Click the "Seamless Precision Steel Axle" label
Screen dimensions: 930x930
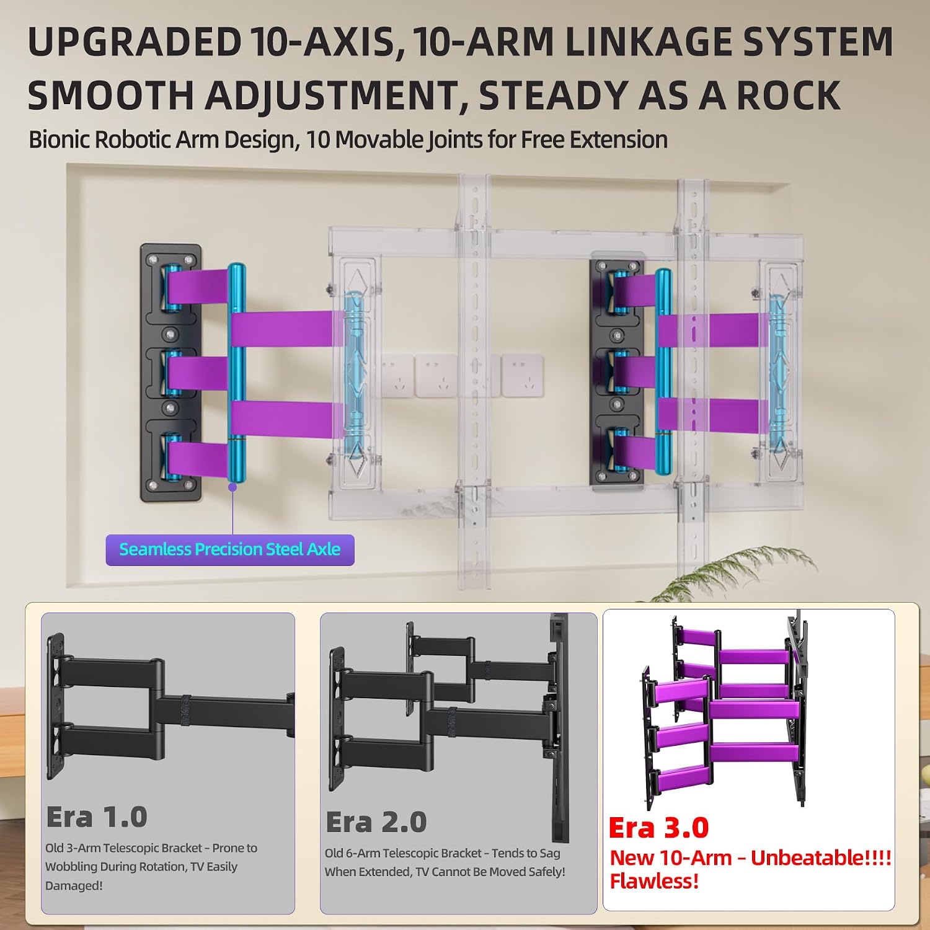(x=230, y=549)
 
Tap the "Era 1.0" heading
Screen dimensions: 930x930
(x=97, y=817)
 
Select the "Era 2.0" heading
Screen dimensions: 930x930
(x=376, y=822)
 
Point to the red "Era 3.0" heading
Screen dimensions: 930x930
(x=658, y=827)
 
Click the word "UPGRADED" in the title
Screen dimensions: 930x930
(x=135, y=42)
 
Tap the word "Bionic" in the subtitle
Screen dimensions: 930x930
(x=57, y=140)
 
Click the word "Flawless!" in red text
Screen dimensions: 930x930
(x=654, y=881)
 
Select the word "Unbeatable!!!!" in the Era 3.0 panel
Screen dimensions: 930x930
(x=821, y=858)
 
